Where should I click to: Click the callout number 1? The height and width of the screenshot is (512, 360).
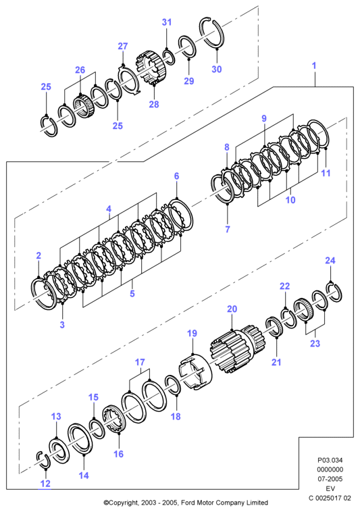(314, 66)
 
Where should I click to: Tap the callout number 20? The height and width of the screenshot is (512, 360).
(232, 309)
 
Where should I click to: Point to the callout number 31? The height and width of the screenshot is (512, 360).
(167, 22)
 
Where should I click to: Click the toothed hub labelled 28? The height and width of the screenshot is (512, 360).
(151, 68)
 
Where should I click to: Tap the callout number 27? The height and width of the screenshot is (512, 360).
(123, 46)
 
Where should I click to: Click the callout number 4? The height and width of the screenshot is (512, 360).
(109, 209)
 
